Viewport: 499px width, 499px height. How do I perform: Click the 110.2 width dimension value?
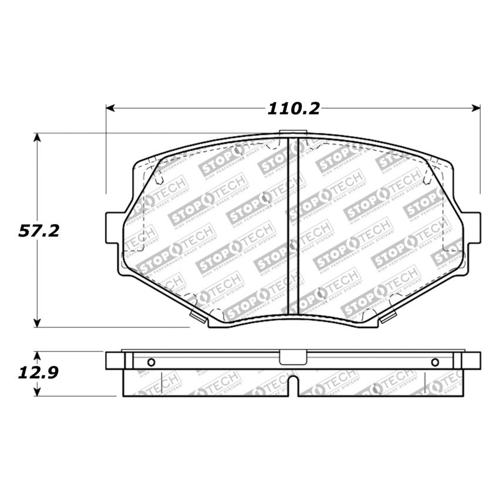[294, 109]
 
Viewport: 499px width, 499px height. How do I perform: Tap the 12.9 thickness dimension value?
[38, 373]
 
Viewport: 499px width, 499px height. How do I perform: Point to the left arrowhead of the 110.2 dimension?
[110, 109]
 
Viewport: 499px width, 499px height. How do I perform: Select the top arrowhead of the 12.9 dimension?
[38, 356]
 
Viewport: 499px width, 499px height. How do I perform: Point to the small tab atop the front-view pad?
[289, 133]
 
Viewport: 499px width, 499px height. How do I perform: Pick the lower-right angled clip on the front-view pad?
[388, 319]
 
